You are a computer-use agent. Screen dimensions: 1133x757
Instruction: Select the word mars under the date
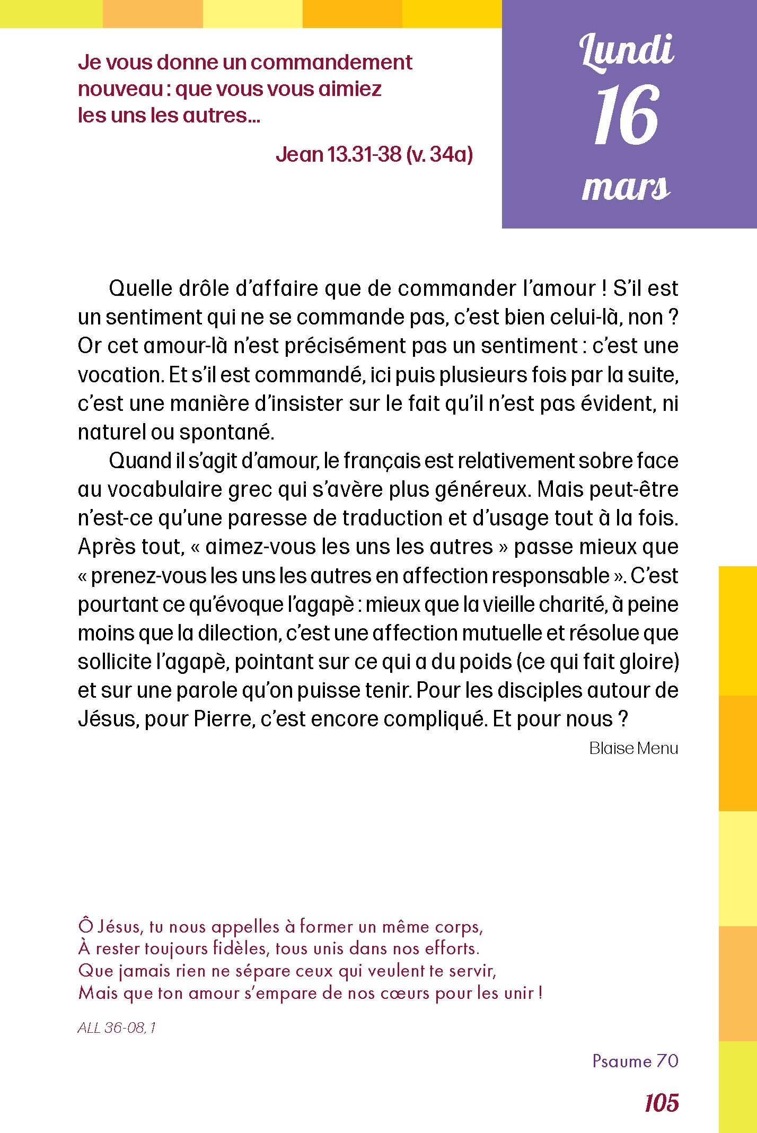coord(626,188)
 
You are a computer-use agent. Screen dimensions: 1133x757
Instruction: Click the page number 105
coord(662,1103)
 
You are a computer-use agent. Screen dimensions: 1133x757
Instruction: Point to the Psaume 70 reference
coord(635,1060)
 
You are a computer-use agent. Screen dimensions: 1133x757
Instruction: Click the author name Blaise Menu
coord(633,748)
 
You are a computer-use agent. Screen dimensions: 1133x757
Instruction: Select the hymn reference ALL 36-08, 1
coord(117,1027)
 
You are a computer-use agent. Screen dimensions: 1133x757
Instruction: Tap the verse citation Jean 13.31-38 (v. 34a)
coord(374,154)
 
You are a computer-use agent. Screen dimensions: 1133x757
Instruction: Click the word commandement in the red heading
coord(331,63)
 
